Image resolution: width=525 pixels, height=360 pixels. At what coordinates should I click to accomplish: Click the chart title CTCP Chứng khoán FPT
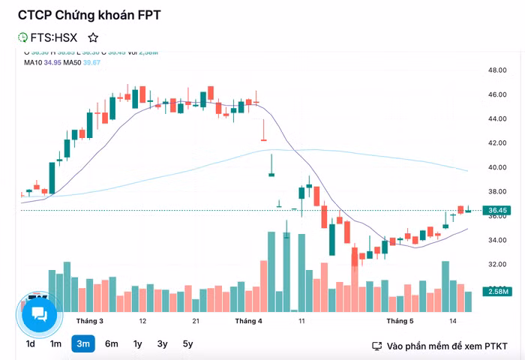89,15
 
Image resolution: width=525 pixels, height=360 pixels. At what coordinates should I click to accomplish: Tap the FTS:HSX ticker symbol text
53,37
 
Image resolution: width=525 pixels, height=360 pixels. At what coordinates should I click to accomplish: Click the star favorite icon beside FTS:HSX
93,37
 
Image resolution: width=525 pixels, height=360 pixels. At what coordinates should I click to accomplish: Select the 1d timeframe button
30,344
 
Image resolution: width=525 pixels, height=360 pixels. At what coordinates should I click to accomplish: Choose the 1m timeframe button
56,344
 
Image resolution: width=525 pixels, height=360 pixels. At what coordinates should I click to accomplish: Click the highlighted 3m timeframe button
83,344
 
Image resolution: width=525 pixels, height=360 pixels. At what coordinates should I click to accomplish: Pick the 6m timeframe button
111,344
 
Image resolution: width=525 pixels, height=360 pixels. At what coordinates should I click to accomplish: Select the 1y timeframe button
137,344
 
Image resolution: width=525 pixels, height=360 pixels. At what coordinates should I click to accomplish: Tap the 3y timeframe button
162,344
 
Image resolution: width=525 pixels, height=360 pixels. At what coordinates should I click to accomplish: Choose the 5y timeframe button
187,344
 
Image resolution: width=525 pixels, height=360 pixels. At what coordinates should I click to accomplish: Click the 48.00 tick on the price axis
498,70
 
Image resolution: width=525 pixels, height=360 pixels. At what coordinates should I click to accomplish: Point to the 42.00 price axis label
498,143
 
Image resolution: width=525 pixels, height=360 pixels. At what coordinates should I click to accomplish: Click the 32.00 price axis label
498,265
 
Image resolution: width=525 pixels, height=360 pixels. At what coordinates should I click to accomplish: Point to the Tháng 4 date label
248,321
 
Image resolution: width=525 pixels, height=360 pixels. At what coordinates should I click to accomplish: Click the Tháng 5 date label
400,321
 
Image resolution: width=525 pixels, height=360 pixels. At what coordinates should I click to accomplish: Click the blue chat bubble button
39,313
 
